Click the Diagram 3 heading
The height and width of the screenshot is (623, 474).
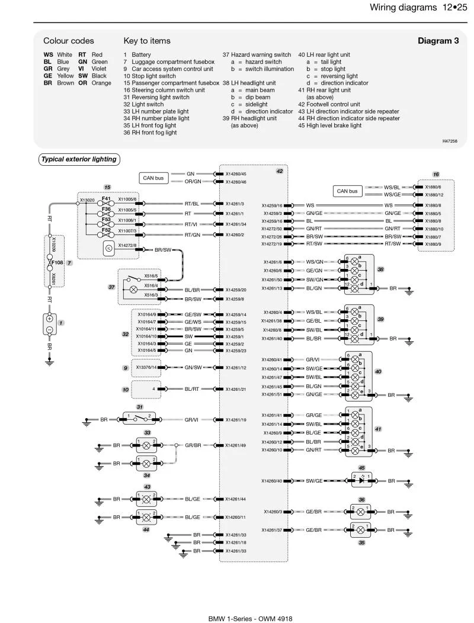point(438,40)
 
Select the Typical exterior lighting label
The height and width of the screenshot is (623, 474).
point(79,159)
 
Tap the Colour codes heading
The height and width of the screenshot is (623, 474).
point(68,40)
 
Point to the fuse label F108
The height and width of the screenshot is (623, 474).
point(57,262)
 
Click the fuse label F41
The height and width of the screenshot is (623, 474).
point(106,198)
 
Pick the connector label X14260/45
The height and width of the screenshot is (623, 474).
point(236,174)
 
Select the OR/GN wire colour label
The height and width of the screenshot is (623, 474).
point(193,182)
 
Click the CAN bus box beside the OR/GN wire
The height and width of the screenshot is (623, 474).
point(153,178)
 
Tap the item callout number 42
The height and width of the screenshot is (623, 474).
point(280,171)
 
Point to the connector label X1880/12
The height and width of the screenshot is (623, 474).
point(434,195)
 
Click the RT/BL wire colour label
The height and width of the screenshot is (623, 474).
point(191,204)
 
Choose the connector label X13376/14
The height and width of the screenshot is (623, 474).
point(146,368)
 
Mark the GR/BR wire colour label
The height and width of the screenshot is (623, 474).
point(193,445)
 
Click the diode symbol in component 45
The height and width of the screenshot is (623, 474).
point(361,480)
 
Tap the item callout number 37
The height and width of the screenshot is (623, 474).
point(112,287)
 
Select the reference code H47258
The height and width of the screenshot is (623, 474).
point(450,141)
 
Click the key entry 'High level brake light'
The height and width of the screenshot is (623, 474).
point(334,126)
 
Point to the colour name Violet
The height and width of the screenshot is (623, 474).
point(99,69)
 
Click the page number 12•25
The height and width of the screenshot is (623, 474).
point(454,7)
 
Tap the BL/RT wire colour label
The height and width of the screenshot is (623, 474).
point(191,389)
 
